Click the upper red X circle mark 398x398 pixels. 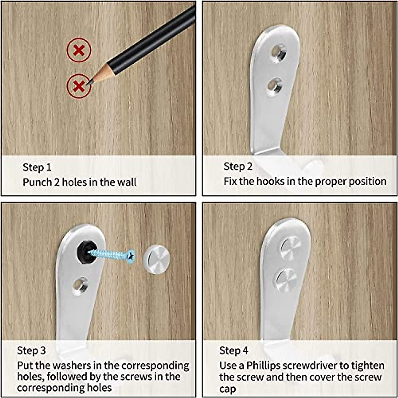coord(79,50)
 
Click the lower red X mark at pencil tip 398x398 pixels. coord(78,86)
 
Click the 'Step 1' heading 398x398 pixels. coord(37,167)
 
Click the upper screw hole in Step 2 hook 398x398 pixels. coord(279,52)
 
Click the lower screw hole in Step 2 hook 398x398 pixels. coord(275,85)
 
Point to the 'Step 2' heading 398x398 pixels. coord(238,166)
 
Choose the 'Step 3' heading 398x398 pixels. coord(32,351)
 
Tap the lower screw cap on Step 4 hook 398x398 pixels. coord(286,280)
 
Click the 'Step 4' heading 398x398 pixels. coord(233,351)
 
